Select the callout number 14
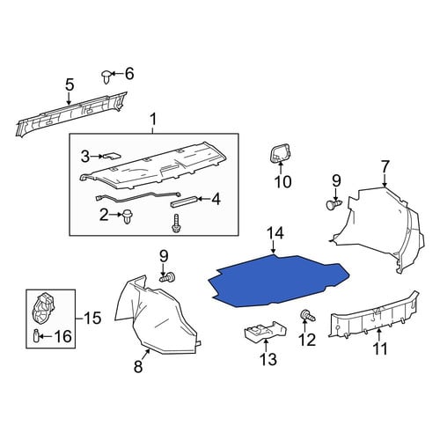[x=275, y=234]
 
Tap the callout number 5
[x=70, y=84]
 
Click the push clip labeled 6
[x=107, y=77]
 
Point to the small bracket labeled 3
[x=111, y=156]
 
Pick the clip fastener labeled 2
[x=128, y=216]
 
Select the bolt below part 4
[x=176, y=224]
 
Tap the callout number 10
[x=283, y=182]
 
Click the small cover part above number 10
[x=280, y=153]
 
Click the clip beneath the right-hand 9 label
[x=334, y=204]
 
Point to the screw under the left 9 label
[x=167, y=276]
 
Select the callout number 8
[x=138, y=367]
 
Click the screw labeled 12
[x=307, y=316]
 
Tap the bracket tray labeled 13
[x=266, y=332]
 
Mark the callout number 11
[x=380, y=349]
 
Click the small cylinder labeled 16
[x=36, y=335]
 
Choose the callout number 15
[x=92, y=318]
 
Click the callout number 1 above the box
[x=153, y=120]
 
